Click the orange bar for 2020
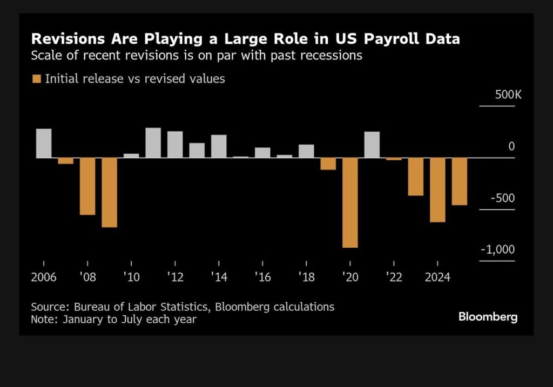point(350,202)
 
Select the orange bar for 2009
point(110,192)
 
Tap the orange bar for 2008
point(87,186)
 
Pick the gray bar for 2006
point(44,143)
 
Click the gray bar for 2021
point(372,145)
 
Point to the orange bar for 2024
point(437,189)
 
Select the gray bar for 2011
point(153,142)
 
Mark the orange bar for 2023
point(416,176)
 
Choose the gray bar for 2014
point(219,146)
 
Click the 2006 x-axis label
point(44,277)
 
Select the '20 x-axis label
point(349,277)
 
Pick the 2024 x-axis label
point(437,277)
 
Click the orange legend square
point(36,79)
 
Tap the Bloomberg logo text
point(488,317)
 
